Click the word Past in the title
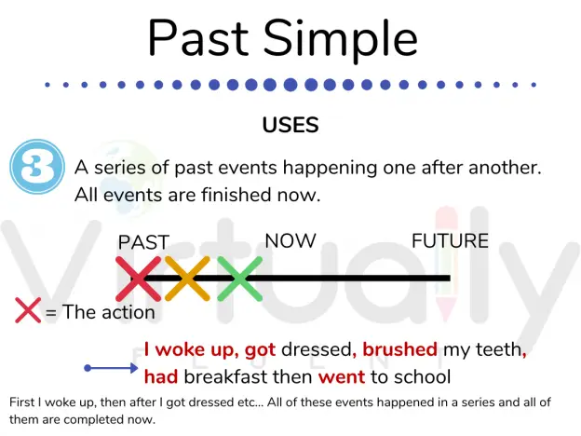point(198,38)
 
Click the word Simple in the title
point(341,41)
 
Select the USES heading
point(290,125)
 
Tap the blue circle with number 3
point(37,167)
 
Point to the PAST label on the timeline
point(143,242)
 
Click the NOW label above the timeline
point(290,240)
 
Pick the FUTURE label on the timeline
point(451,240)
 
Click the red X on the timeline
point(138,279)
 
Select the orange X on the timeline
point(187,279)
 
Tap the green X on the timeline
point(239,279)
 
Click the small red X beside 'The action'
point(28,310)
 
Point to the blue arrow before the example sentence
point(111,368)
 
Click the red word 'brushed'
point(399,349)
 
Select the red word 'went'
point(342,377)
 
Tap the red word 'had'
point(161,376)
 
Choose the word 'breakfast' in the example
point(229,376)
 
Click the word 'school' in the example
point(422,376)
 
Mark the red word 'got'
point(260,350)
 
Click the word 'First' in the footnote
point(21,402)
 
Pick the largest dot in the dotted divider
point(290,85)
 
